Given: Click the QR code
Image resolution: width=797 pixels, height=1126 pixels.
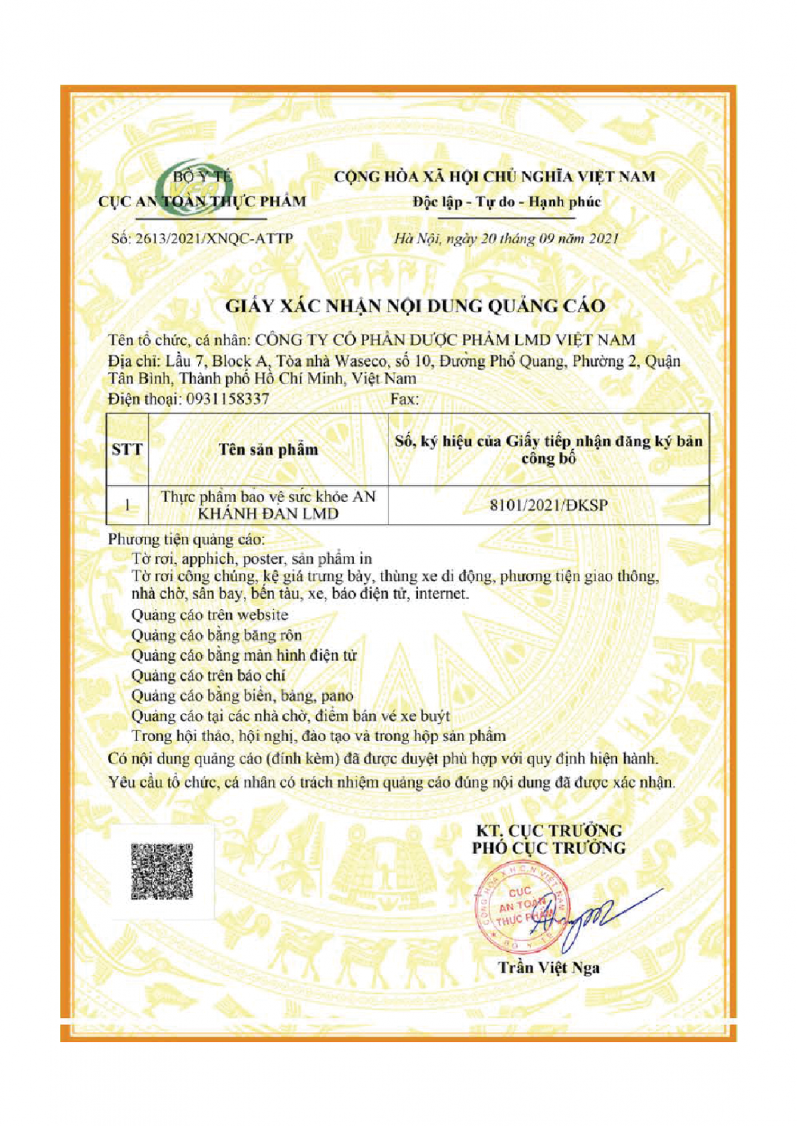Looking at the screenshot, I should [162, 871].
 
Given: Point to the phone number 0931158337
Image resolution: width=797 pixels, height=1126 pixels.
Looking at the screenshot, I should [226, 398].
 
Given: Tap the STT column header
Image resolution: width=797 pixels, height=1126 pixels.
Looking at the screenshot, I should [127, 449].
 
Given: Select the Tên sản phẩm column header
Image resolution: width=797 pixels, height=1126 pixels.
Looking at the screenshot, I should [268, 449].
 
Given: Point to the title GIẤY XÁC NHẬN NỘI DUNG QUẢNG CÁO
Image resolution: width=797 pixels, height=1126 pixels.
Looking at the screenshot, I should [415, 306].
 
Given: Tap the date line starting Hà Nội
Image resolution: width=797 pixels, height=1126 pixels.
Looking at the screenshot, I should [506, 239].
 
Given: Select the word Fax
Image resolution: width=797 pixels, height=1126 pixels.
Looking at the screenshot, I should [404, 399].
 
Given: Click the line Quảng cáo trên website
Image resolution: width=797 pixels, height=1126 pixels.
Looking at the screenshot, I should [210, 615].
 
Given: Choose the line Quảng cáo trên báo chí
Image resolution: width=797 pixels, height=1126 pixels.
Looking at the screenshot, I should [208, 676].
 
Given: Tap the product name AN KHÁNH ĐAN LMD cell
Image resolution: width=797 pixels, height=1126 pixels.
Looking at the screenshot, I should [268, 505].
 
